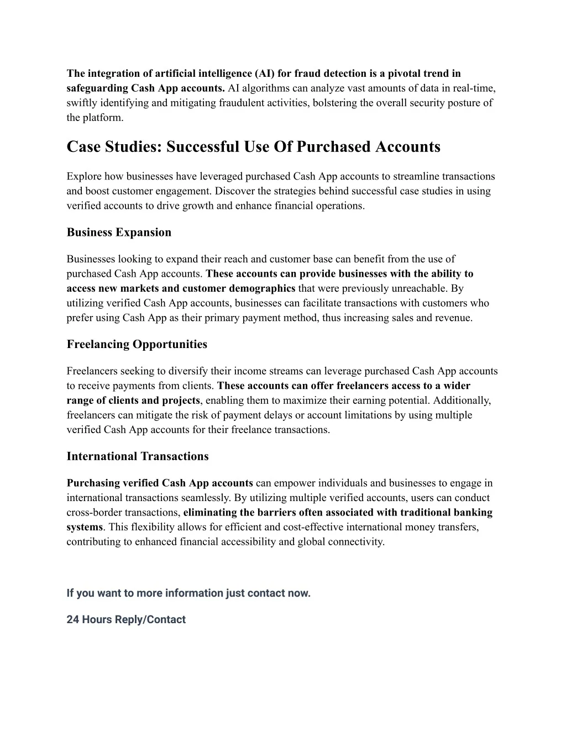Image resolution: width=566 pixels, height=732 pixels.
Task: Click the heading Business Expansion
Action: coord(119,233)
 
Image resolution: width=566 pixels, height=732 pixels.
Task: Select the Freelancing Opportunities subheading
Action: coord(137,345)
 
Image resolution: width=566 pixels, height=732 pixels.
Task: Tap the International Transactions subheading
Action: coord(138,457)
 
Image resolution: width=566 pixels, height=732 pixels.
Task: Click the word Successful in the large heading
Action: coord(202,147)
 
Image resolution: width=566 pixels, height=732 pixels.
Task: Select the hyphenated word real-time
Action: coord(474,88)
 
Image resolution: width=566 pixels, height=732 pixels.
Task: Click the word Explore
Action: coord(83,177)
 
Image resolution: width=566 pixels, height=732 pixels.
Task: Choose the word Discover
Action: coord(233,192)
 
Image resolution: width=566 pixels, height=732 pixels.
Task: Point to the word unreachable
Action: coord(419,288)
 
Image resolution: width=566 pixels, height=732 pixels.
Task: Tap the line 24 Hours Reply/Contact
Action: coord(126,620)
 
